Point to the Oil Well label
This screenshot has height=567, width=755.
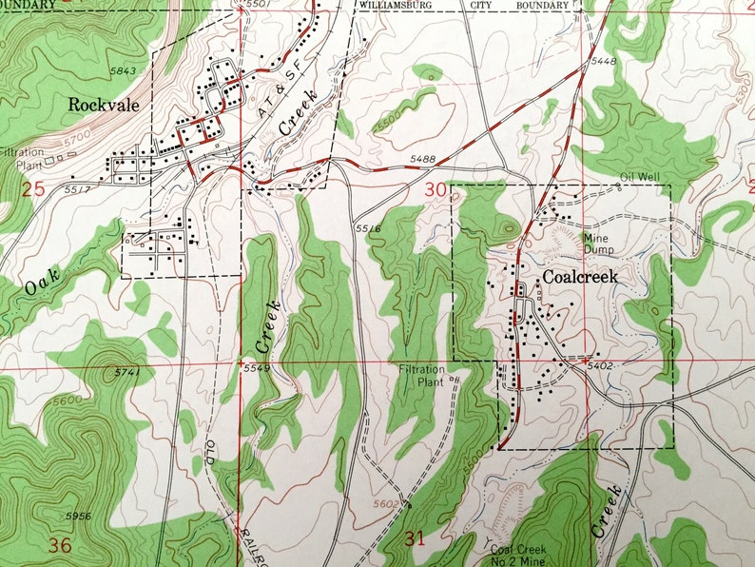pyautogui.click(x=639, y=177)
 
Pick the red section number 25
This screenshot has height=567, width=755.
pyautogui.click(x=32, y=189)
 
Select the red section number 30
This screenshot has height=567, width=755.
pyautogui.click(x=436, y=190)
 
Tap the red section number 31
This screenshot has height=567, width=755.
pyautogui.click(x=415, y=539)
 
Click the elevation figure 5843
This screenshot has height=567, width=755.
pyautogui.click(x=123, y=71)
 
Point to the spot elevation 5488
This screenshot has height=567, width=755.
pyautogui.click(x=425, y=159)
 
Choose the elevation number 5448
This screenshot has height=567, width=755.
pyautogui.click(x=603, y=62)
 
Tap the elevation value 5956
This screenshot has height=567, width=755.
pyautogui.click(x=80, y=516)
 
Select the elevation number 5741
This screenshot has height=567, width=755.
pyautogui.click(x=126, y=372)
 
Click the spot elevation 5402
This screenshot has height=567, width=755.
pyautogui.click(x=599, y=364)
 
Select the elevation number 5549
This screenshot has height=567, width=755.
pyautogui.click(x=256, y=368)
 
